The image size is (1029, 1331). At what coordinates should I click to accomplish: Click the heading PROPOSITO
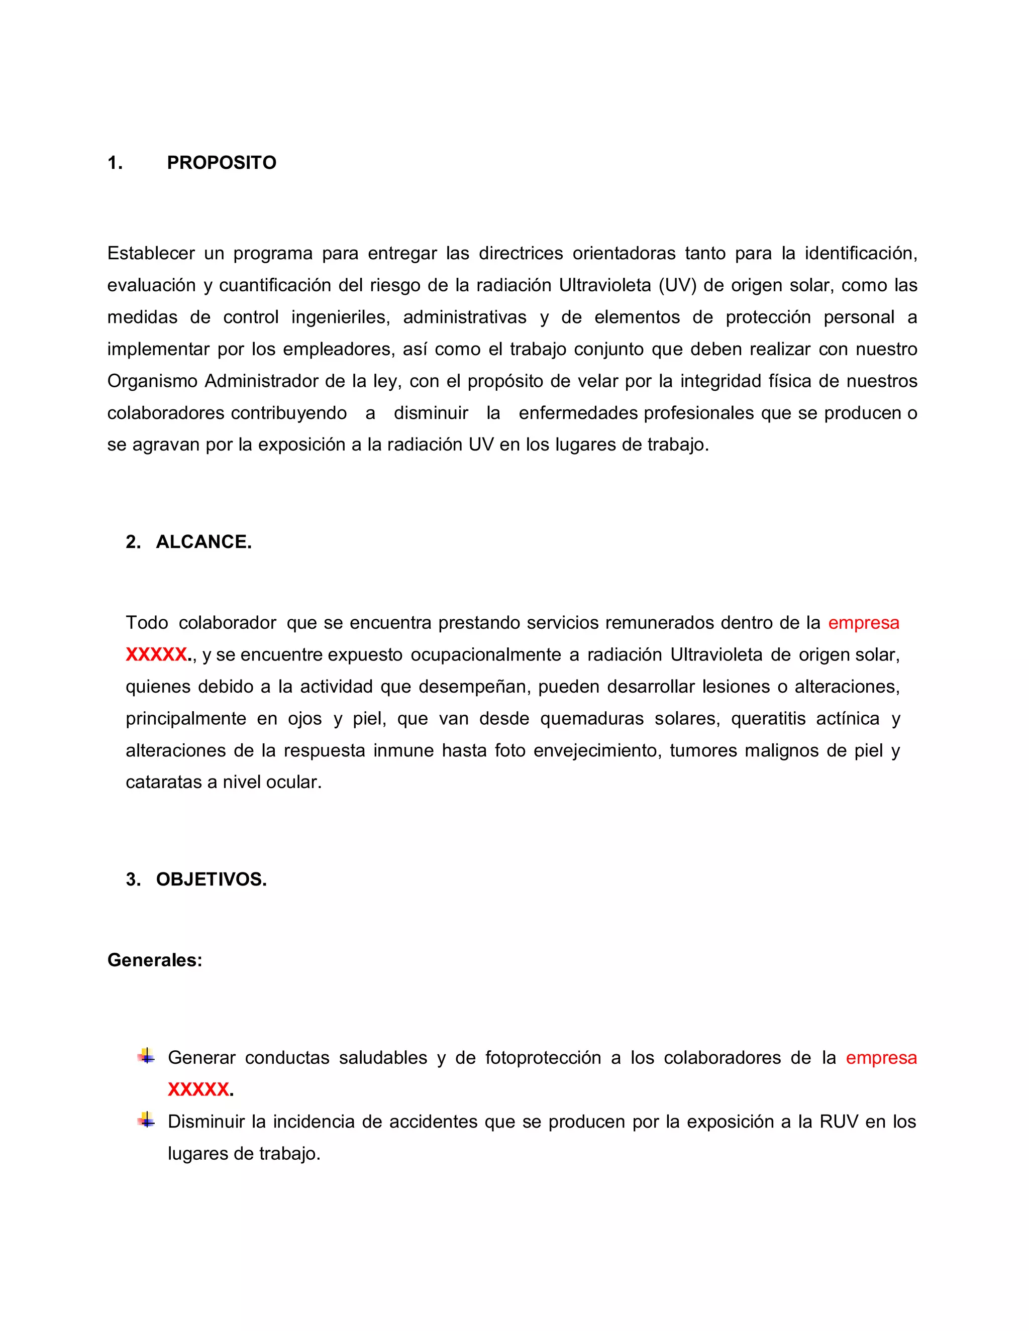click(221, 163)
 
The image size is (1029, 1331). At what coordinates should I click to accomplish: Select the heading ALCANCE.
click(203, 542)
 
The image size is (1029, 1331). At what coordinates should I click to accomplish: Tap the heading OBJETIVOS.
click(211, 879)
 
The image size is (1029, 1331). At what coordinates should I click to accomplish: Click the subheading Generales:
click(154, 960)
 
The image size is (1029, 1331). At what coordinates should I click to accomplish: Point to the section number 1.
click(115, 163)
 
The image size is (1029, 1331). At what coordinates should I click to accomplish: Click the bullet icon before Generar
click(146, 1056)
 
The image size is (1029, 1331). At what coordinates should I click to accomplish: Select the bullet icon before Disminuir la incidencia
click(146, 1120)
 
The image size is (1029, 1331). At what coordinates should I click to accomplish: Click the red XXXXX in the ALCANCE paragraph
click(157, 654)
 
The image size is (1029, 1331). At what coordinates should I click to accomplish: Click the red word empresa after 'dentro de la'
click(863, 623)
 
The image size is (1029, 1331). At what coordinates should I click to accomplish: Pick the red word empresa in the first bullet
click(881, 1057)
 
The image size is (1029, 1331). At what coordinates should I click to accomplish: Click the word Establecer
click(151, 254)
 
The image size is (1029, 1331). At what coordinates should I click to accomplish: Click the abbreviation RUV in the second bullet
click(839, 1122)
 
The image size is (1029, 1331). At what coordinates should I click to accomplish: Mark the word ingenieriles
click(340, 317)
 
